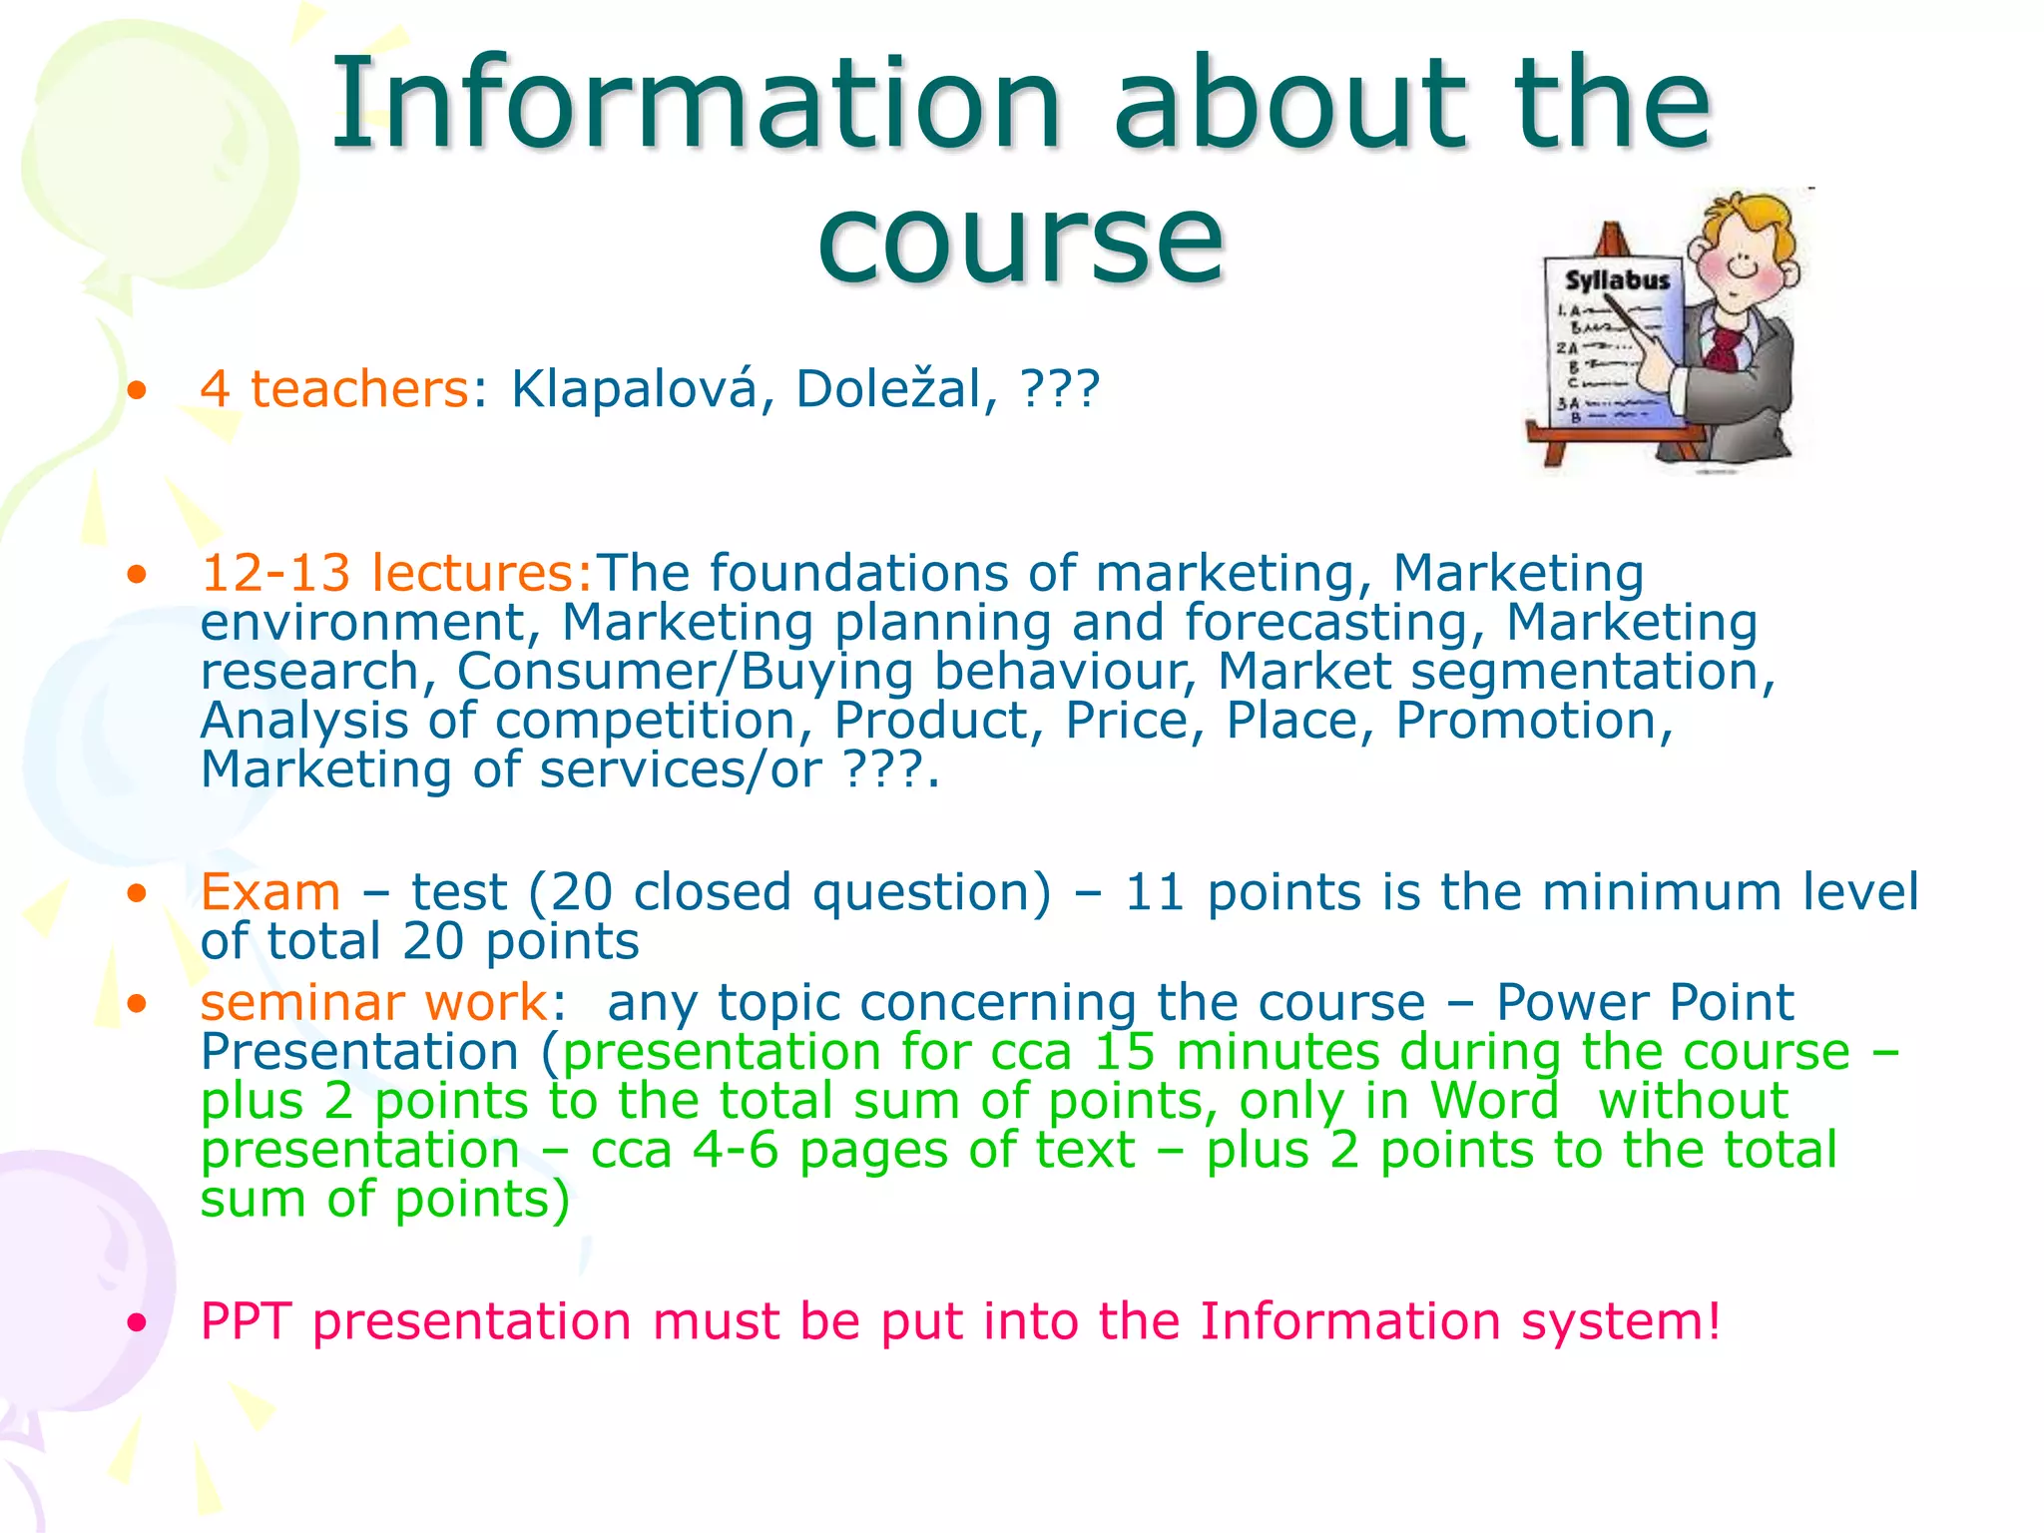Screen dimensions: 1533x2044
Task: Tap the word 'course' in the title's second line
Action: [x=1020, y=240]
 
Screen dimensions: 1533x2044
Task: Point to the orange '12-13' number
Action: [x=275, y=574]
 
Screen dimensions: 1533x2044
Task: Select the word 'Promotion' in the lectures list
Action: [x=1533, y=721]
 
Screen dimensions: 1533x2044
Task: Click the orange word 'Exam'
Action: [x=270, y=892]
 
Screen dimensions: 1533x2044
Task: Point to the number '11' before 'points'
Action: [x=1155, y=892]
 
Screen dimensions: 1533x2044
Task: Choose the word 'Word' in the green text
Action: [x=1494, y=1101]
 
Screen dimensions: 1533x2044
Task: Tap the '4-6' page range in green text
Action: [x=736, y=1150]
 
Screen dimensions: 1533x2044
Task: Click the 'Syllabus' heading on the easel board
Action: [x=1617, y=280]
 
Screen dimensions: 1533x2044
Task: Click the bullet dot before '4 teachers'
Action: [x=138, y=390]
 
